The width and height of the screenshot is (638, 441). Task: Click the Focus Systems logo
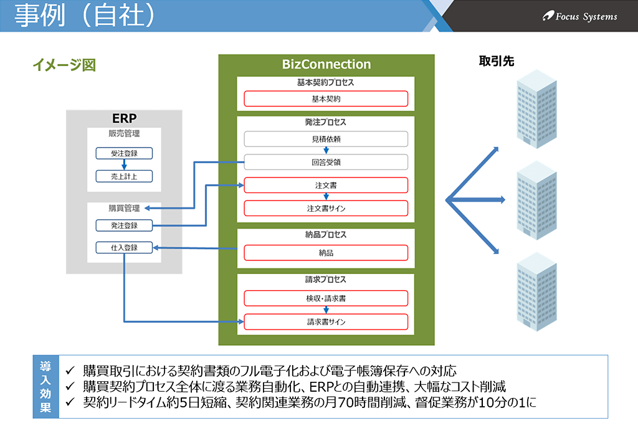pyautogui.click(x=580, y=16)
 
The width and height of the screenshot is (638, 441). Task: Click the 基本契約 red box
pyautogui.click(x=326, y=99)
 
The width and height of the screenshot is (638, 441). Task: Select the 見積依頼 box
pyautogui.click(x=326, y=139)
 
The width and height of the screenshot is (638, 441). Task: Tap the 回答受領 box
pyautogui.click(x=326, y=163)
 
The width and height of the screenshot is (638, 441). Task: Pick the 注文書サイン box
pyautogui.click(x=326, y=208)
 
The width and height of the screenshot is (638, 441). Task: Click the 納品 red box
pyautogui.click(x=326, y=253)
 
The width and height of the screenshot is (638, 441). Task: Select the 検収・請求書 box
pyautogui.click(x=326, y=298)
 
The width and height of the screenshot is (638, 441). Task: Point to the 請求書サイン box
pyautogui.click(x=326, y=322)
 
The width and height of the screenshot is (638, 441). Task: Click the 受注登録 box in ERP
pyautogui.click(x=124, y=153)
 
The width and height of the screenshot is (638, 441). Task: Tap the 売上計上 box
pyautogui.click(x=124, y=176)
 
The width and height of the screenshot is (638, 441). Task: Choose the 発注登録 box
pyautogui.click(x=124, y=225)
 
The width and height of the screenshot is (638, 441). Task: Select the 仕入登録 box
pyautogui.click(x=124, y=247)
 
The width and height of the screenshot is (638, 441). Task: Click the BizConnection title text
pyautogui.click(x=326, y=64)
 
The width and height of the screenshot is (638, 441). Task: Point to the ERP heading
pyautogui.click(x=124, y=118)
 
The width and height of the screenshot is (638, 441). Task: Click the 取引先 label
pyautogui.click(x=497, y=61)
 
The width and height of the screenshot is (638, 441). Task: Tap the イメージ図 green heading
pyautogui.click(x=64, y=65)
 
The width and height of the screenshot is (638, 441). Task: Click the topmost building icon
pyautogui.click(x=536, y=109)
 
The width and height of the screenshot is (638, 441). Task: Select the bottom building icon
pyautogui.click(x=536, y=292)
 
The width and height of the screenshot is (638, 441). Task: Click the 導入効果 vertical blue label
pyautogui.click(x=45, y=386)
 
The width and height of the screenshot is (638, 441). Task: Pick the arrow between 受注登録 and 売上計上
pyautogui.click(x=124, y=165)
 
